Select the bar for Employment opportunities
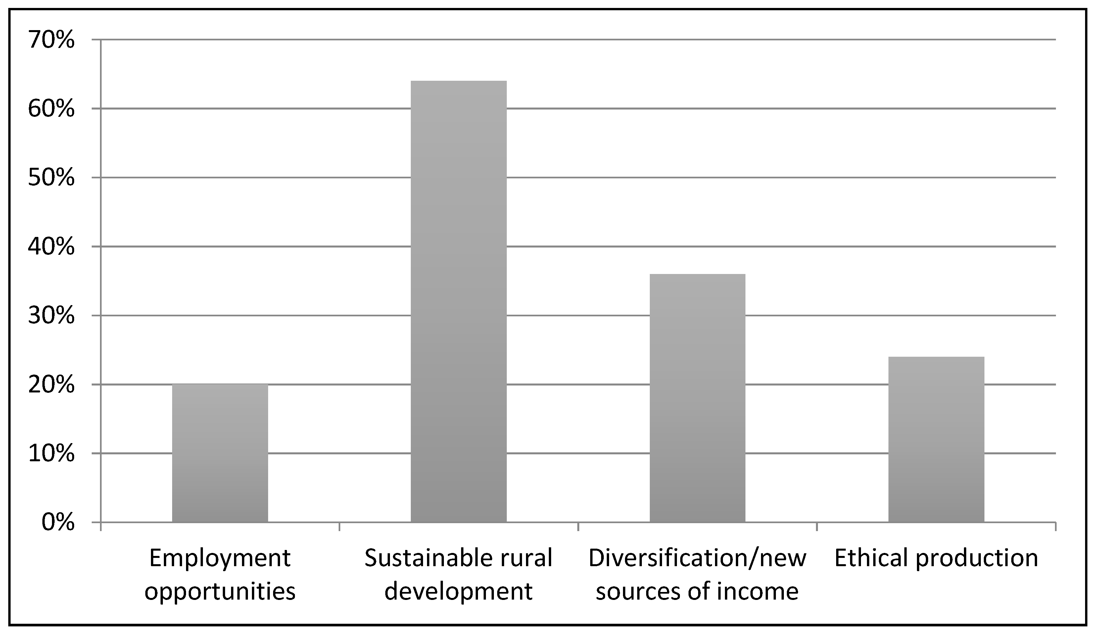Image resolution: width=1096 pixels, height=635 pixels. click(220, 453)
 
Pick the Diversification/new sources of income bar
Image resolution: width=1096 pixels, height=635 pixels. click(697, 398)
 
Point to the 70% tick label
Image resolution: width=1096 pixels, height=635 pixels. click(51, 40)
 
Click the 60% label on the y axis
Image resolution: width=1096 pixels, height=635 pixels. click(51, 109)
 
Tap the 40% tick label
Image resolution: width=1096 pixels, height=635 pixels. click(51, 247)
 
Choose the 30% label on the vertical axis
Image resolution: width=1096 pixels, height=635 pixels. click(51, 316)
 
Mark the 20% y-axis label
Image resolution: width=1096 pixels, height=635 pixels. click(51, 385)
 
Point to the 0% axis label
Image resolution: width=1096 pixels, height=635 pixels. click(58, 522)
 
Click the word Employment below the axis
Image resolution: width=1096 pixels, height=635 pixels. click(220, 559)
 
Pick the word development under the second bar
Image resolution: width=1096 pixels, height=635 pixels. click(458, 591)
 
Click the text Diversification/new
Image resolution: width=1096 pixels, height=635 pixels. click(697, 558)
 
